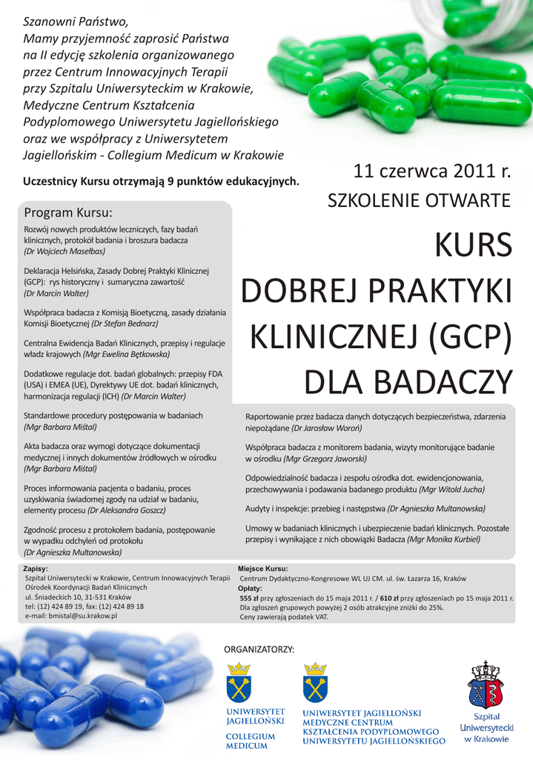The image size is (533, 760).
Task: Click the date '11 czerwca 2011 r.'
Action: point(432,172)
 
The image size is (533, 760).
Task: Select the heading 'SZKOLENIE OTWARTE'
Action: point(420,200)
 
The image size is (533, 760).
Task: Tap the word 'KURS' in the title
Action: point(473,245)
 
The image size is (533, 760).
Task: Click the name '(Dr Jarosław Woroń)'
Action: point(326,428)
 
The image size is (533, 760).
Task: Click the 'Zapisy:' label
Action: point(37,569)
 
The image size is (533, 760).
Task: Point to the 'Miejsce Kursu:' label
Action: point(262,569)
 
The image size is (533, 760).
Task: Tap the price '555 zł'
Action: point(249,597)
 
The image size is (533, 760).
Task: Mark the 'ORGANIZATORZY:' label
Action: point(259,649)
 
